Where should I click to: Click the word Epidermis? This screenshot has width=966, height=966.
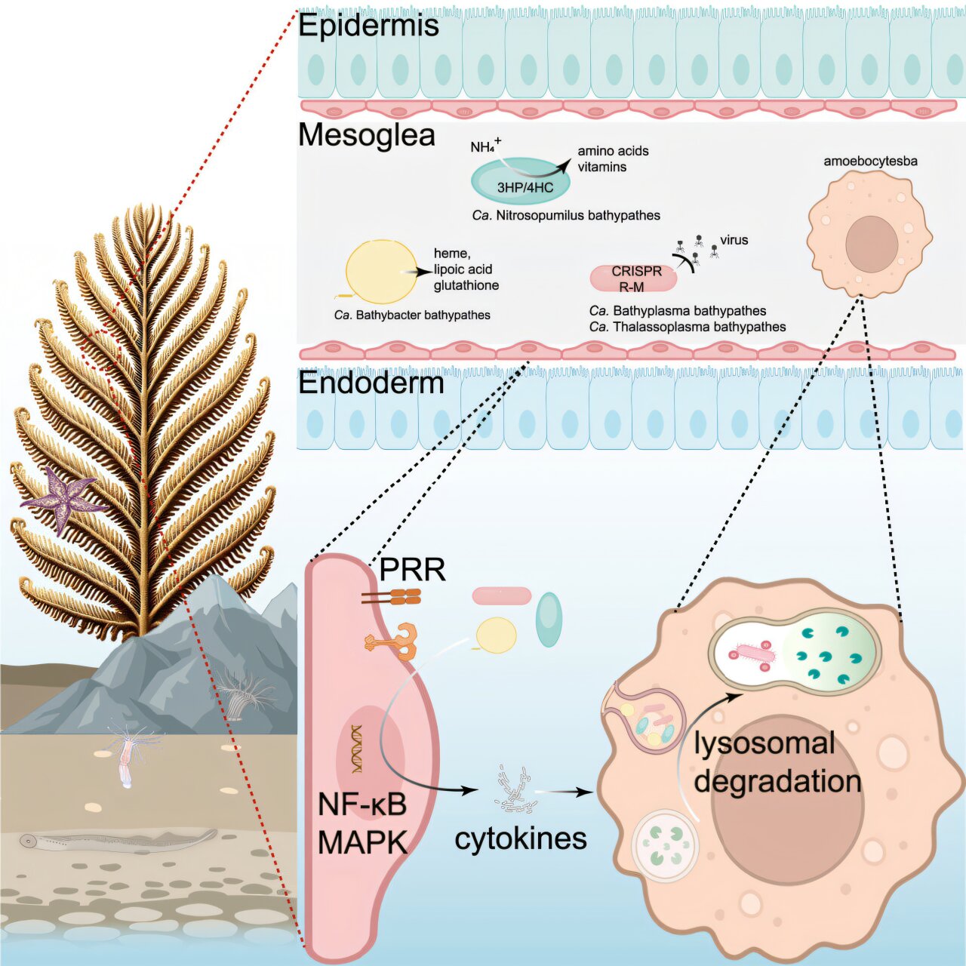tap(368, 26)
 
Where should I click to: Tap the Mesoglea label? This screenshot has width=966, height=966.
tap(367, 135)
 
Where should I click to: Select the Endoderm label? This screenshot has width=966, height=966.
tap(371, 383)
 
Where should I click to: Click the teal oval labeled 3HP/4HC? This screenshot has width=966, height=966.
tap(521, 182)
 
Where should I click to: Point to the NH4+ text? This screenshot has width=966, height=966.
tap(485, 146)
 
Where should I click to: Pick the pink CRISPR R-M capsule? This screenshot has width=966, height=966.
tap(633, 278)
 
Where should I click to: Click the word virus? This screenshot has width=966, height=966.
tap(734, 240)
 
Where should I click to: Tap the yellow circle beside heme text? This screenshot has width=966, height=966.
tap(380, 272)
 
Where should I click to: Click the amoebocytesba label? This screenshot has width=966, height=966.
tap(870, 161)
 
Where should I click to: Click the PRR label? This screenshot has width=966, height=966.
tap(412, 570)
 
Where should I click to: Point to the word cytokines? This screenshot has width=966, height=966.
tap(520, 838)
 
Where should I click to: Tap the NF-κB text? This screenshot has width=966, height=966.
tap(362, 804)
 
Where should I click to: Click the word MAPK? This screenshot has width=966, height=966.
tap(362, 842)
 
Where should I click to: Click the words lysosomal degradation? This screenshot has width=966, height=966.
tap(777, 762)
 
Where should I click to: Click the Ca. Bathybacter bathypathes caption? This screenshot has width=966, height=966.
tap(412, 315)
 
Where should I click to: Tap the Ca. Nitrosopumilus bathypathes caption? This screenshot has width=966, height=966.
tap(566, 216)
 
